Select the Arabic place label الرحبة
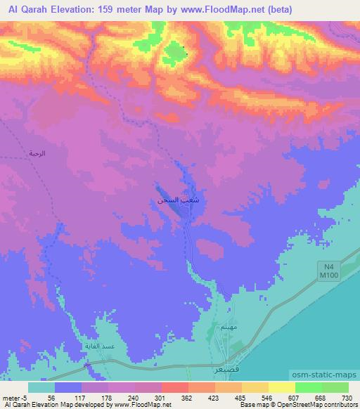pos(36,152)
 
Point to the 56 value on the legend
pos(51,397)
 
